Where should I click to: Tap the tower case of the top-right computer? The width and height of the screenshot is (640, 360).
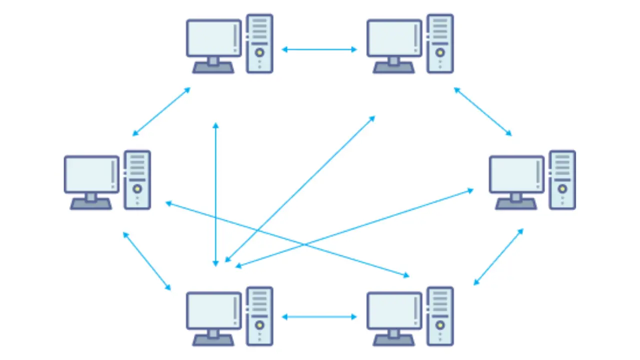[440, 44]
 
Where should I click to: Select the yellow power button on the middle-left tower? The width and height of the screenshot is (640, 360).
[137, 188]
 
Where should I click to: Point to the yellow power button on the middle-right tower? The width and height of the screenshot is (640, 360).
[562, 188]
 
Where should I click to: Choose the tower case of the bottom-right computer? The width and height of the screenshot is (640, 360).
[440, 316]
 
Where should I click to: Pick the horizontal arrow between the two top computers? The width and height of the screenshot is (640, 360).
[319, 49]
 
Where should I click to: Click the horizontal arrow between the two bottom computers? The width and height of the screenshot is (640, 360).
[319, 316]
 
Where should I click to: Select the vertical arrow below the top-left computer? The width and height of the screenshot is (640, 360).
[215, 194]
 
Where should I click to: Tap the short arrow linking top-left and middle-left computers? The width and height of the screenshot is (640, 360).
[161, 111]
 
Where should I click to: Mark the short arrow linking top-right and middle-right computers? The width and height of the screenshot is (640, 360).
[482, 111]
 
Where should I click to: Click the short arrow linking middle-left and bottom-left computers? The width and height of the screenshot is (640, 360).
[147, 260]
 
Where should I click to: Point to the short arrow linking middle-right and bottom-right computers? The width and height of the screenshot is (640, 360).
[498, 257]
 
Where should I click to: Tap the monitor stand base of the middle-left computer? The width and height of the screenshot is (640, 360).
[91, 204]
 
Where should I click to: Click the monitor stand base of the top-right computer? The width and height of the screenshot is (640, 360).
[393, 68]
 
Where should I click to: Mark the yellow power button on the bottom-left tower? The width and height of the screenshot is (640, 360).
[259, 324]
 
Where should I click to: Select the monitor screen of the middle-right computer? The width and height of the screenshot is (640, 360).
[516, 174]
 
